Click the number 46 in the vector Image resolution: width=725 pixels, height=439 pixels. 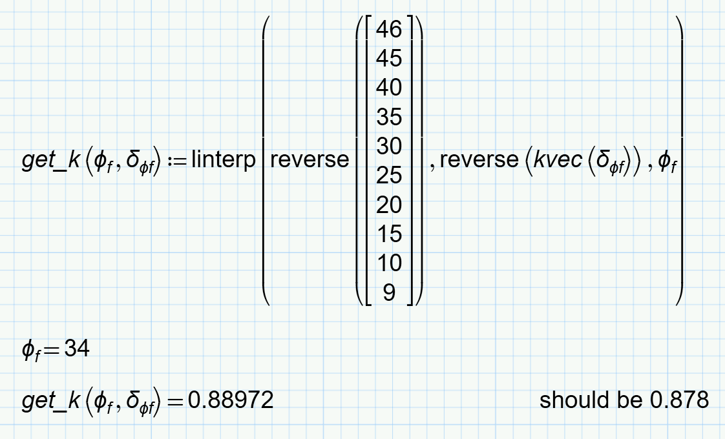click(x=389, y=29)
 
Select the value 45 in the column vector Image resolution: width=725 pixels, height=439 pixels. click(x=389, y=59)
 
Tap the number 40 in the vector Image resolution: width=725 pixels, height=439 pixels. click(x=389, y=88)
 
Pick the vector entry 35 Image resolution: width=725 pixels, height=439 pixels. click(x=389, y=117)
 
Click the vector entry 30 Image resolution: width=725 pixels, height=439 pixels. click(x=389, y=147)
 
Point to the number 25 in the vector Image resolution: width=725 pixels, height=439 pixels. click(x=389, y=176)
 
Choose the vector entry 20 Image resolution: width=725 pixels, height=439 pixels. click(x=389, y=205)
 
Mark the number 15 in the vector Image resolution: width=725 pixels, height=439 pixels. click(x=389, y=234)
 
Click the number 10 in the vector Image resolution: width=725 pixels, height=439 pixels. click(x=389, y=263)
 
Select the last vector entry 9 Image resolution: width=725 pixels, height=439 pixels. click(x=389, y=293)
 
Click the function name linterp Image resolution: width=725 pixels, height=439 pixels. click(x=224, y=161)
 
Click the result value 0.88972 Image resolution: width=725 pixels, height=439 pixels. click(x=231, y=400)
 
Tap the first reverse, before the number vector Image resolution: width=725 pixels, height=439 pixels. click(x=310, y=159)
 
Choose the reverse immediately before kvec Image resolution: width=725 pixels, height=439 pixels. click(x=479, y=159)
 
